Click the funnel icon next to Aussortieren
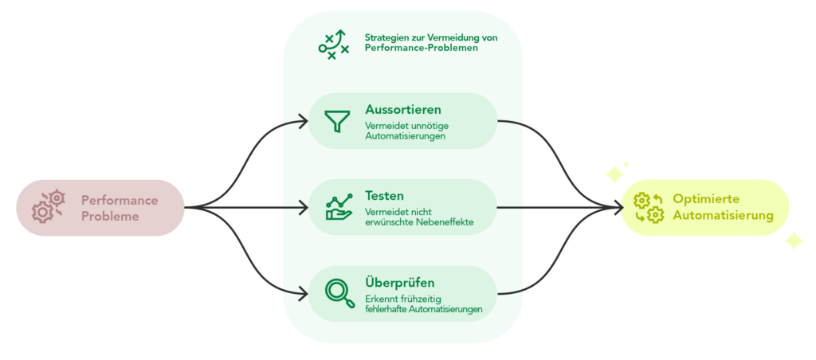point(337,121)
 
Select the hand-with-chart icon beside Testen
point(338,207)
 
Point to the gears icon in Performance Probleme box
point(48,206)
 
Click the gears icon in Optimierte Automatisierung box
point(648,208)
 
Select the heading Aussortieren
point(402,109)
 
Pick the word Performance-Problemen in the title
point(421,48)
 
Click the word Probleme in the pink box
point(110,216)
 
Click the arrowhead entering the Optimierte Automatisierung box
point(617,207)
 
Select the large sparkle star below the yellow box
point(793,240)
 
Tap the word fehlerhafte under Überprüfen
point(385,308)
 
